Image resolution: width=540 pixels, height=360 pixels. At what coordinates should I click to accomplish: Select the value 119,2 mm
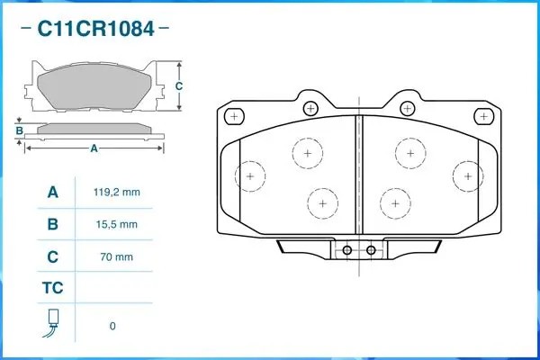coord(116,193)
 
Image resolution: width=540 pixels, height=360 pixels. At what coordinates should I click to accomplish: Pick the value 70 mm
coord(116,257)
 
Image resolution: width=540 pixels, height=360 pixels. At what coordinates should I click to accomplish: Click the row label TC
coord(52,289)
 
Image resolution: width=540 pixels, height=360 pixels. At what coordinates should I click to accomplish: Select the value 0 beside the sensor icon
coord(112,326)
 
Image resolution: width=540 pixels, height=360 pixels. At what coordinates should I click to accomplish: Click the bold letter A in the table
coord(52,193)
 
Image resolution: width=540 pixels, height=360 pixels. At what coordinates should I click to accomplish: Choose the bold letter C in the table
coord(52,257)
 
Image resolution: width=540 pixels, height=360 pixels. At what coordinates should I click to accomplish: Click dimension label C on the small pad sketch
coord(178,86)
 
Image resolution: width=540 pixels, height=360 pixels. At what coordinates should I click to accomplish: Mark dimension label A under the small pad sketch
coord(94,149)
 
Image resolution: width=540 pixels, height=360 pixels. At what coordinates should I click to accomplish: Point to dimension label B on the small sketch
coord(19,131)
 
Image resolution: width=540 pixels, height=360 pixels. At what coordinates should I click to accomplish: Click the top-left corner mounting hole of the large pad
coord(234,116)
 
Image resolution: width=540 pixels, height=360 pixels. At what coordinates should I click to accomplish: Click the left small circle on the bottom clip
coord(346,250)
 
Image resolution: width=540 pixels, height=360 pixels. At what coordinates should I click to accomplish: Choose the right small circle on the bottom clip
coord(370,250)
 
